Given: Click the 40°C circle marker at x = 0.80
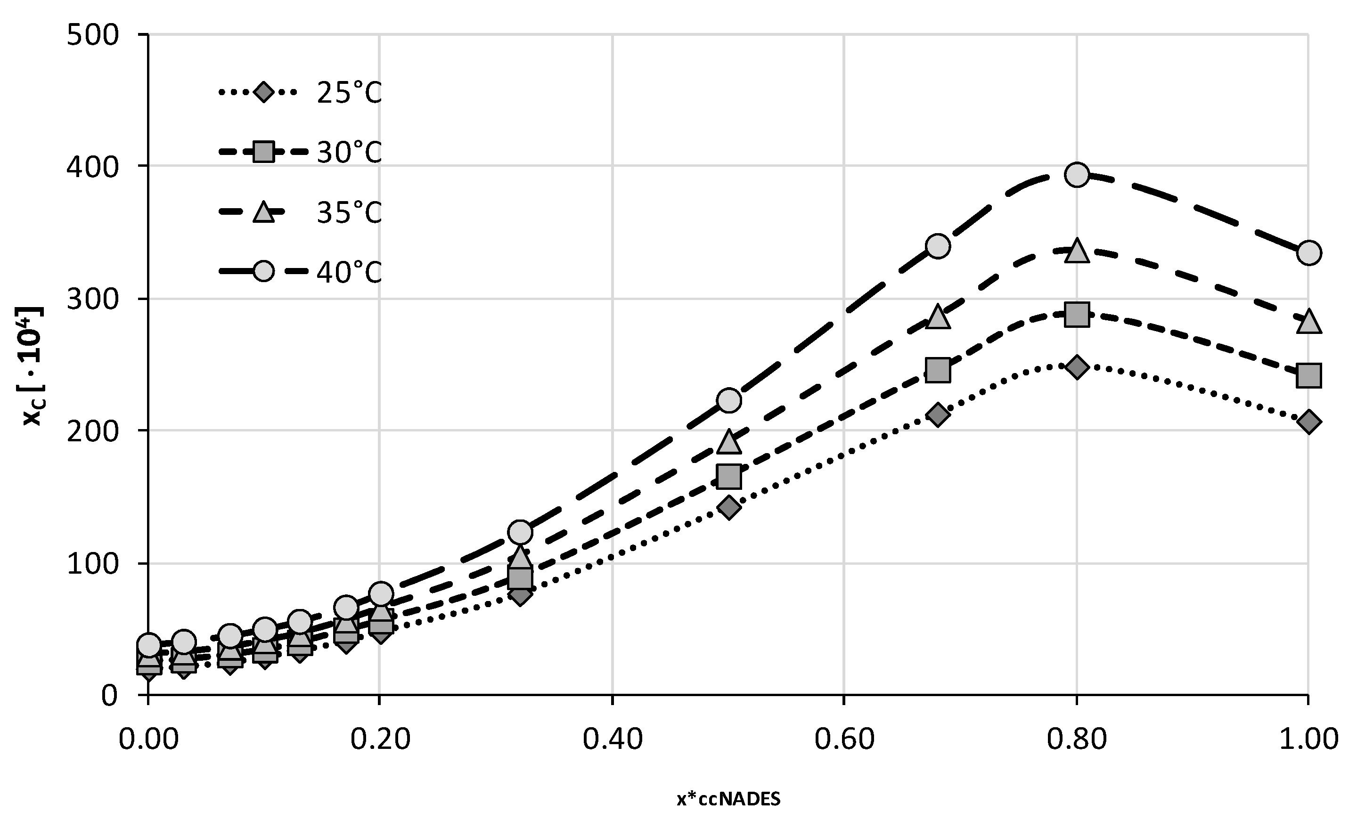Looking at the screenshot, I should point(1077,175).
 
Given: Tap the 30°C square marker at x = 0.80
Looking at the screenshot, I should point(1077,315).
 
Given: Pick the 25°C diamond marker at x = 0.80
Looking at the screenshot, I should point(1077,366).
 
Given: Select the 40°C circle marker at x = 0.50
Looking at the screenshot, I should point(728,400).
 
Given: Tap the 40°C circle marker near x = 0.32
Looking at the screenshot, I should point(520,532).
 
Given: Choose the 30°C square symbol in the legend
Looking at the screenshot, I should point(263,152).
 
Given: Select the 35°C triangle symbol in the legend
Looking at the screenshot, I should point(263,212).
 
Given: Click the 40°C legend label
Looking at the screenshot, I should point(349,272).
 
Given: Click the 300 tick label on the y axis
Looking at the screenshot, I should point(92,300).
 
